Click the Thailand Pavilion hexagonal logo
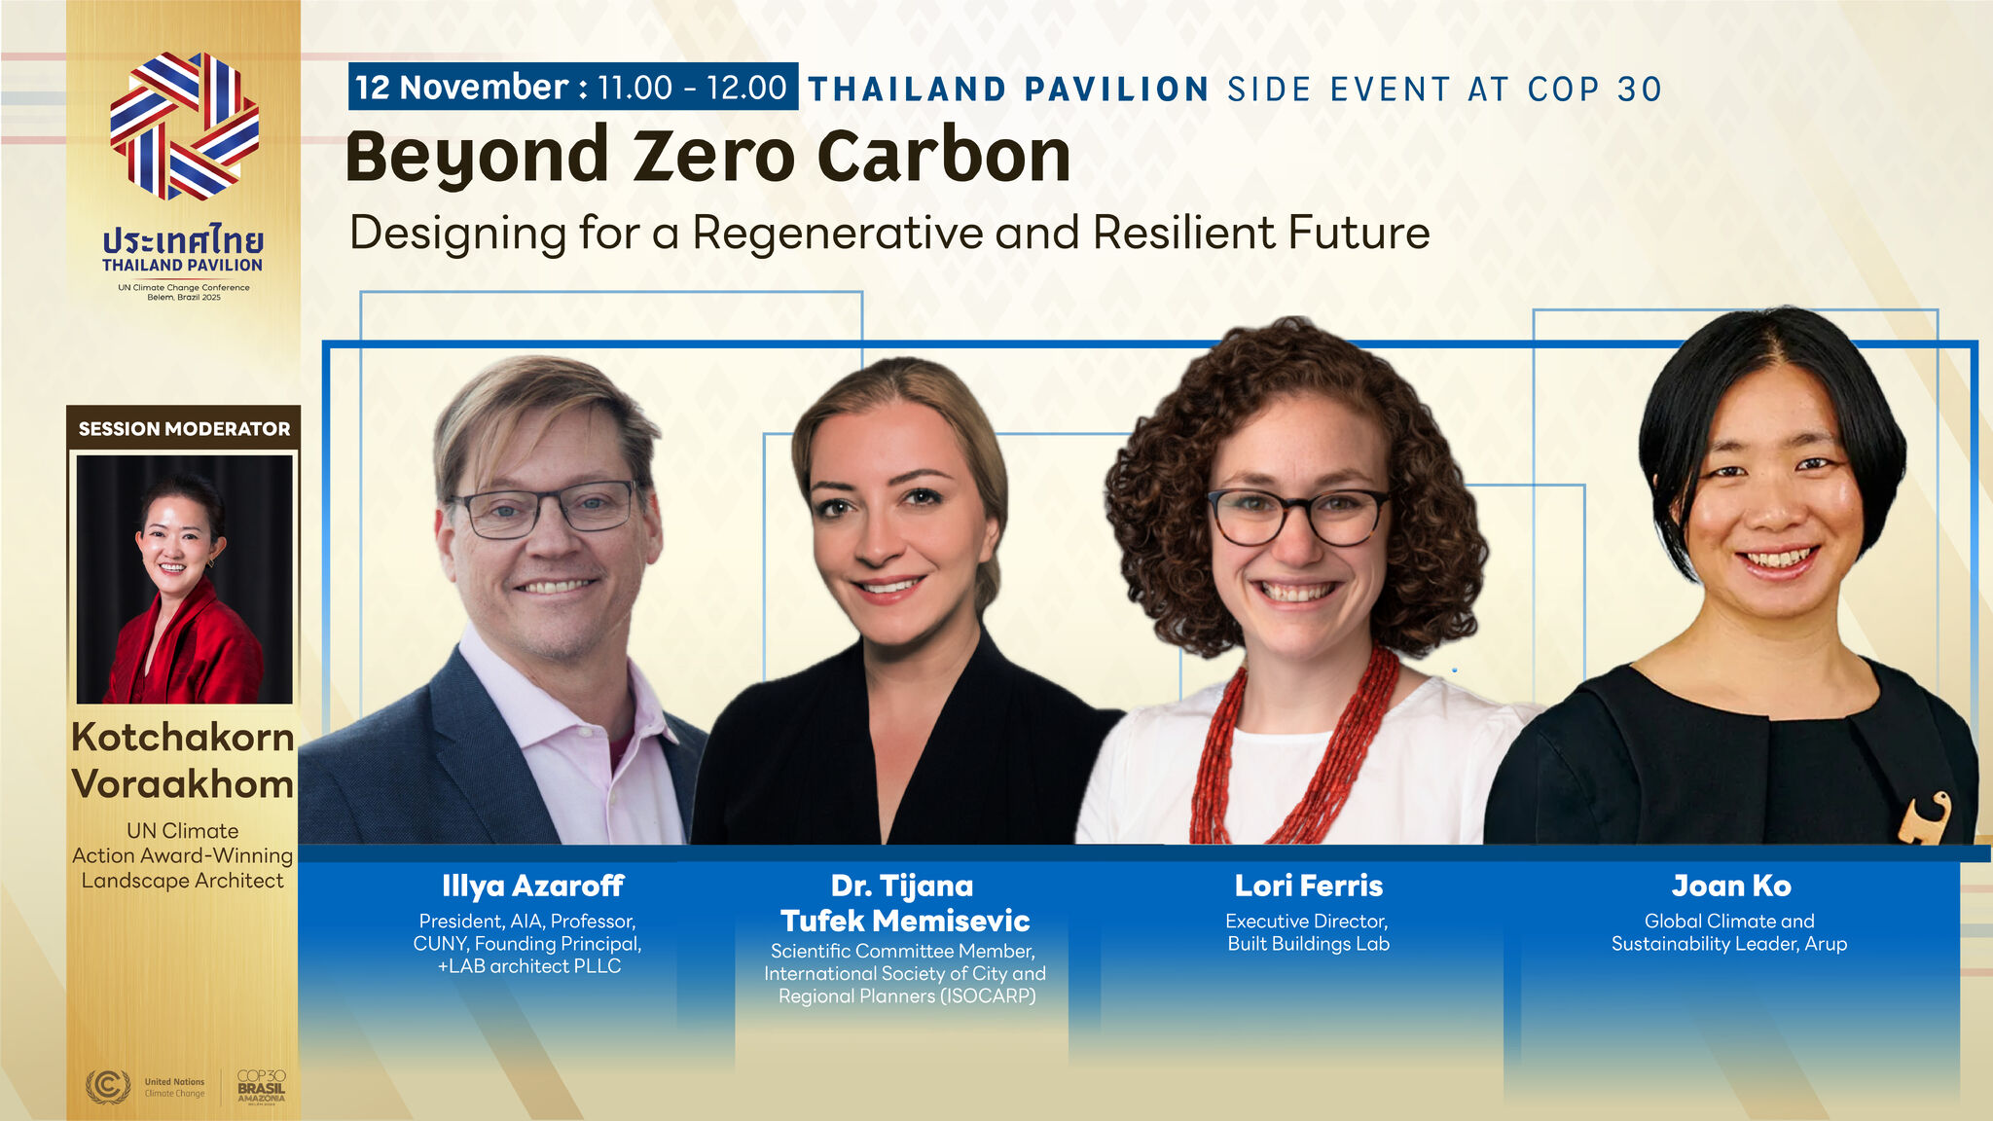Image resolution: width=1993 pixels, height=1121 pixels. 184,127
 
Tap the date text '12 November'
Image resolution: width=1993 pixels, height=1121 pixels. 461,88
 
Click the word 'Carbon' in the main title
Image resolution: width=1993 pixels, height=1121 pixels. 943,156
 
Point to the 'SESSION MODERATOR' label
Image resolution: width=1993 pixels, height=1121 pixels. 184,428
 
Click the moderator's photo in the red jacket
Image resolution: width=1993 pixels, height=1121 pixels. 185,579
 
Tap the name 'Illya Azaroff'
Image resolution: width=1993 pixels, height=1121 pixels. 532,886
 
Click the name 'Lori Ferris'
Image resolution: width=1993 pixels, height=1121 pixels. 1308,886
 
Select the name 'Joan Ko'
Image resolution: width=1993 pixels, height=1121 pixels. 1731,886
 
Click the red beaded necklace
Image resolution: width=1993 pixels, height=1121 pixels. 1294,749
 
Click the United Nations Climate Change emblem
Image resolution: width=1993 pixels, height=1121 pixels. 108,1086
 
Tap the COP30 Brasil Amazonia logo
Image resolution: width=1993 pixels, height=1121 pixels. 262,1087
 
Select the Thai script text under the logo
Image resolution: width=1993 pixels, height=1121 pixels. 183,239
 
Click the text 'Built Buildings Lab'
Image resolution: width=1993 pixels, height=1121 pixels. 1308,944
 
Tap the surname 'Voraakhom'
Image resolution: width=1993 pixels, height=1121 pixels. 183,784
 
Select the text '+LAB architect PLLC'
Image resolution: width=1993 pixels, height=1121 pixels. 529,966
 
